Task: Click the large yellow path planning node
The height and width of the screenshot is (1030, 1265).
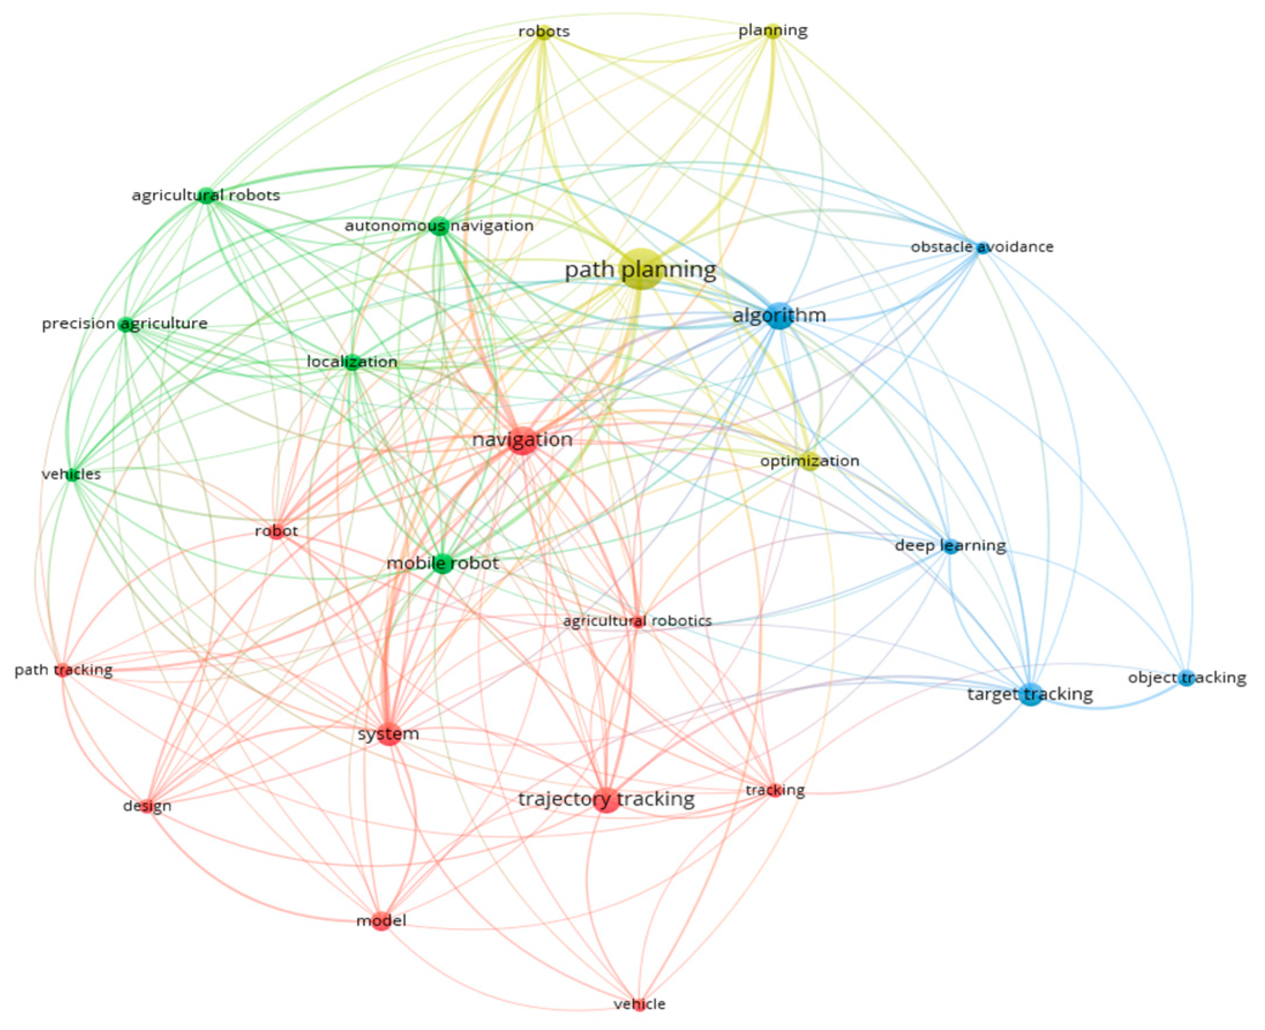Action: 640,270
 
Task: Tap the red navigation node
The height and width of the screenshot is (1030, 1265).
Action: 523,440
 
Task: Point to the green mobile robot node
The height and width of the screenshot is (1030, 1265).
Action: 442,562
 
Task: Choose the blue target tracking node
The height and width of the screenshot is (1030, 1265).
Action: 1031,694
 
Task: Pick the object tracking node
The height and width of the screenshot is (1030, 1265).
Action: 1186,678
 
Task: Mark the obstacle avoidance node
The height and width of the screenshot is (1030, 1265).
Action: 982,247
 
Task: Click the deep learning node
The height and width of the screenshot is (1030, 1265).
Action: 951,546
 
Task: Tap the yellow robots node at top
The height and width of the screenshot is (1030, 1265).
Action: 543,32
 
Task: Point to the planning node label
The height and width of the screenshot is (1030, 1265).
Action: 772,31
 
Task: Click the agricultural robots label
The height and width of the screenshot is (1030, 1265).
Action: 206,195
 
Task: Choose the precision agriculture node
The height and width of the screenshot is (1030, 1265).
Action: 125,324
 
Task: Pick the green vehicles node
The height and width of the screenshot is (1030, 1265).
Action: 72,475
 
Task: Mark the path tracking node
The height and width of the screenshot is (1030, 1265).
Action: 63,671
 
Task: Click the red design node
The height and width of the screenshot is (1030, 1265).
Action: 147,806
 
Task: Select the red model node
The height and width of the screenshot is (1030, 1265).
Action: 381,921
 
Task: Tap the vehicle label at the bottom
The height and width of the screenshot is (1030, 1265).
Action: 639,1004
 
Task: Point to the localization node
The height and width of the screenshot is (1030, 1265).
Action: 352,362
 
